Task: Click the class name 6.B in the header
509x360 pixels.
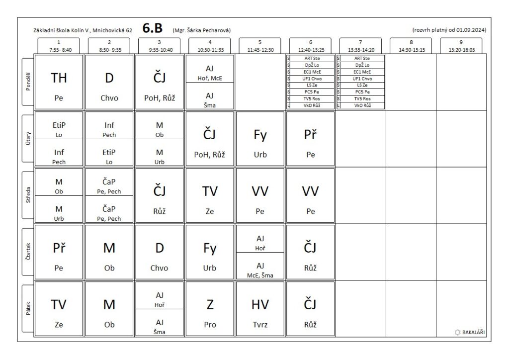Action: coord(154,29)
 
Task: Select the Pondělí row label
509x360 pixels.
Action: coord(28,82)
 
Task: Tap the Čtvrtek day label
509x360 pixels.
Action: coord(28,252)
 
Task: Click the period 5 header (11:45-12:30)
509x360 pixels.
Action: coord(260,46)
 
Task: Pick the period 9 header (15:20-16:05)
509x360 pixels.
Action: coord(461,46)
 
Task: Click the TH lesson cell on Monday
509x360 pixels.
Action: coord(59,82)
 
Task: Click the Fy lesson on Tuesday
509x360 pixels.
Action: coord(260,139)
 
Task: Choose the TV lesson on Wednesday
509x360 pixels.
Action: coord(210,195)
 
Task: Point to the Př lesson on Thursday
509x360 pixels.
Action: coord(59,252)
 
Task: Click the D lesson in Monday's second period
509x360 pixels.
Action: coord(109,82)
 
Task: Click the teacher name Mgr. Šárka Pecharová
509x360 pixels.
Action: coord(201,30)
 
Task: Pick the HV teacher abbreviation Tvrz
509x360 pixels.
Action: coord(260,325)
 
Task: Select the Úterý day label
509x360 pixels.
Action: coord(28,139)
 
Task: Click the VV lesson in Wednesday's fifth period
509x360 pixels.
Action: coord(260,195)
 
